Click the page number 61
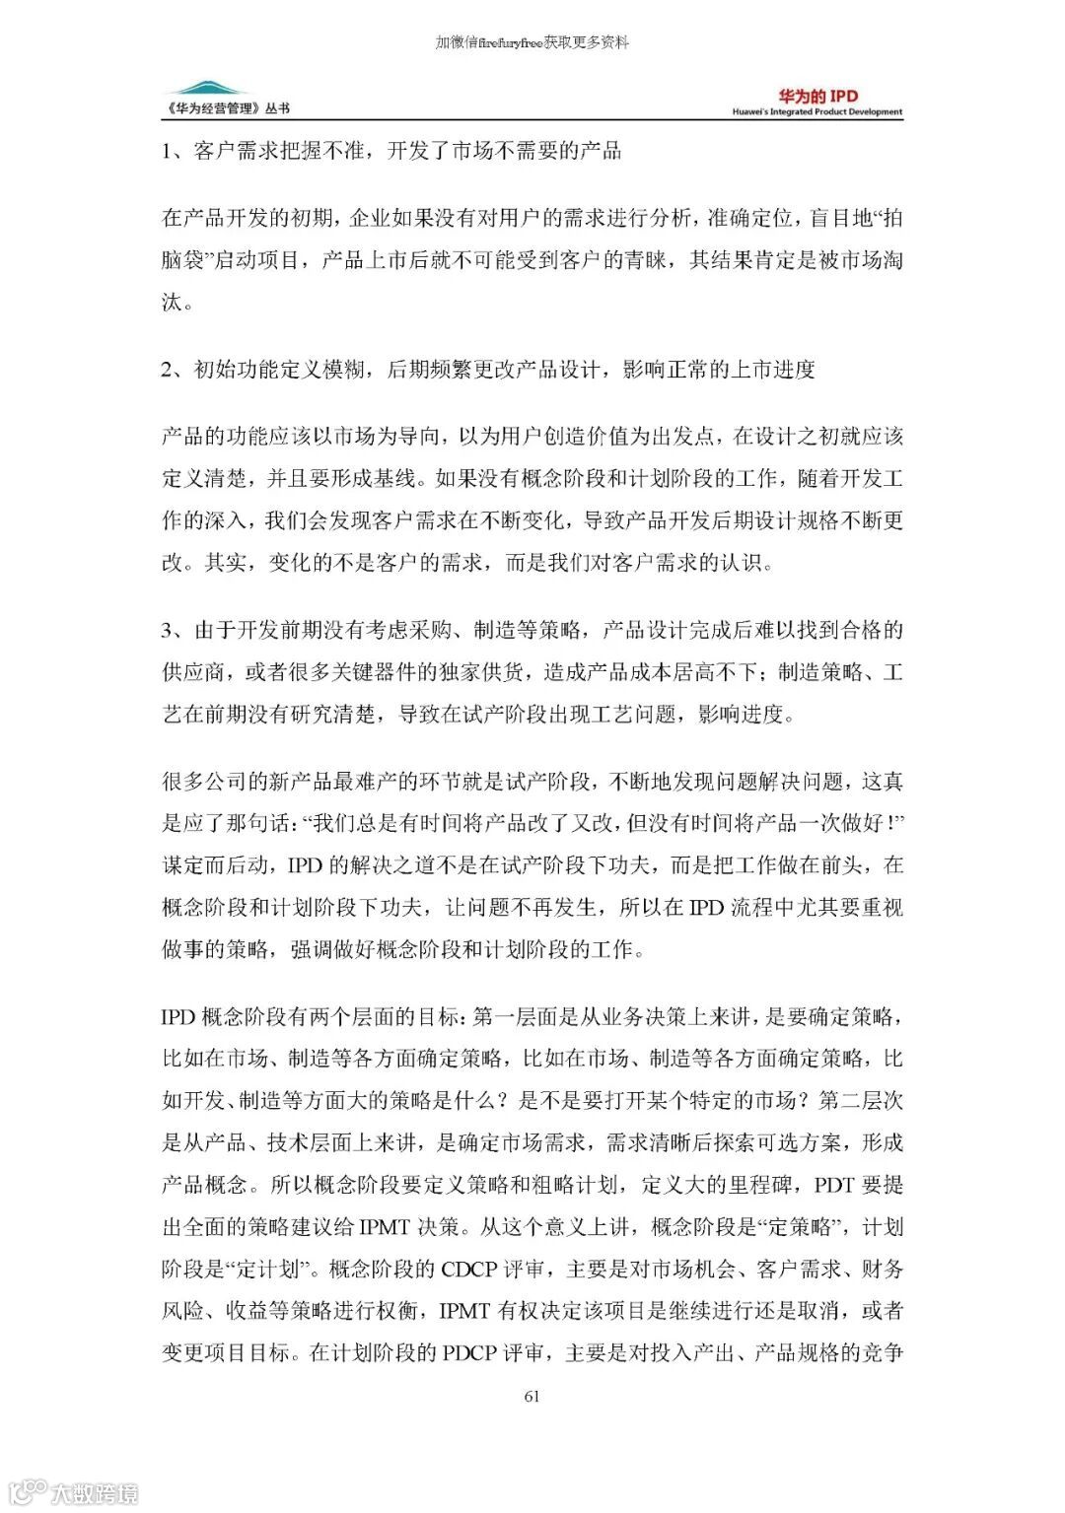(x=532, y=1395)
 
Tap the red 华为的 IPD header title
(x=817, y=96)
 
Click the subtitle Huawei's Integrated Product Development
(x=816, y=112)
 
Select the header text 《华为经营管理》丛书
(x=228, y=108)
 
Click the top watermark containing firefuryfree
(x=532, y=42)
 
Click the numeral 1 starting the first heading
(x=168, y=151)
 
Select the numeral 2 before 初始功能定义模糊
(x=168, y=370)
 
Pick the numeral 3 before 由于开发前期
(x=168, y=630)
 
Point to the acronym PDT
(x=834, y=1184)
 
